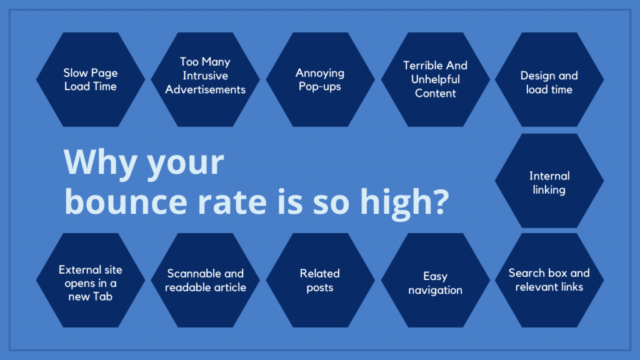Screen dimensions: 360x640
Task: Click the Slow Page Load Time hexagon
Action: point(91,79)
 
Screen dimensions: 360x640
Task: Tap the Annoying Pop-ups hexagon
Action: point(320,79)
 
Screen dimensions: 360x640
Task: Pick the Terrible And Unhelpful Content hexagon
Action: point(435,79)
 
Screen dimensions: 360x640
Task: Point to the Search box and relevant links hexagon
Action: point(549,280)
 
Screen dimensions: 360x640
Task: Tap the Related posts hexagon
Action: point(320,280)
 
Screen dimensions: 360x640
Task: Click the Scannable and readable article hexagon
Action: point(205,280)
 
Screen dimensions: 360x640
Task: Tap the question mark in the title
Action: point(438,203)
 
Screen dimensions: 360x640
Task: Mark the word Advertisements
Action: point(205,89)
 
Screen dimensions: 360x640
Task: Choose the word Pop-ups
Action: point(320,87)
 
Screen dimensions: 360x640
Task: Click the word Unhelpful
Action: point(435,79)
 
